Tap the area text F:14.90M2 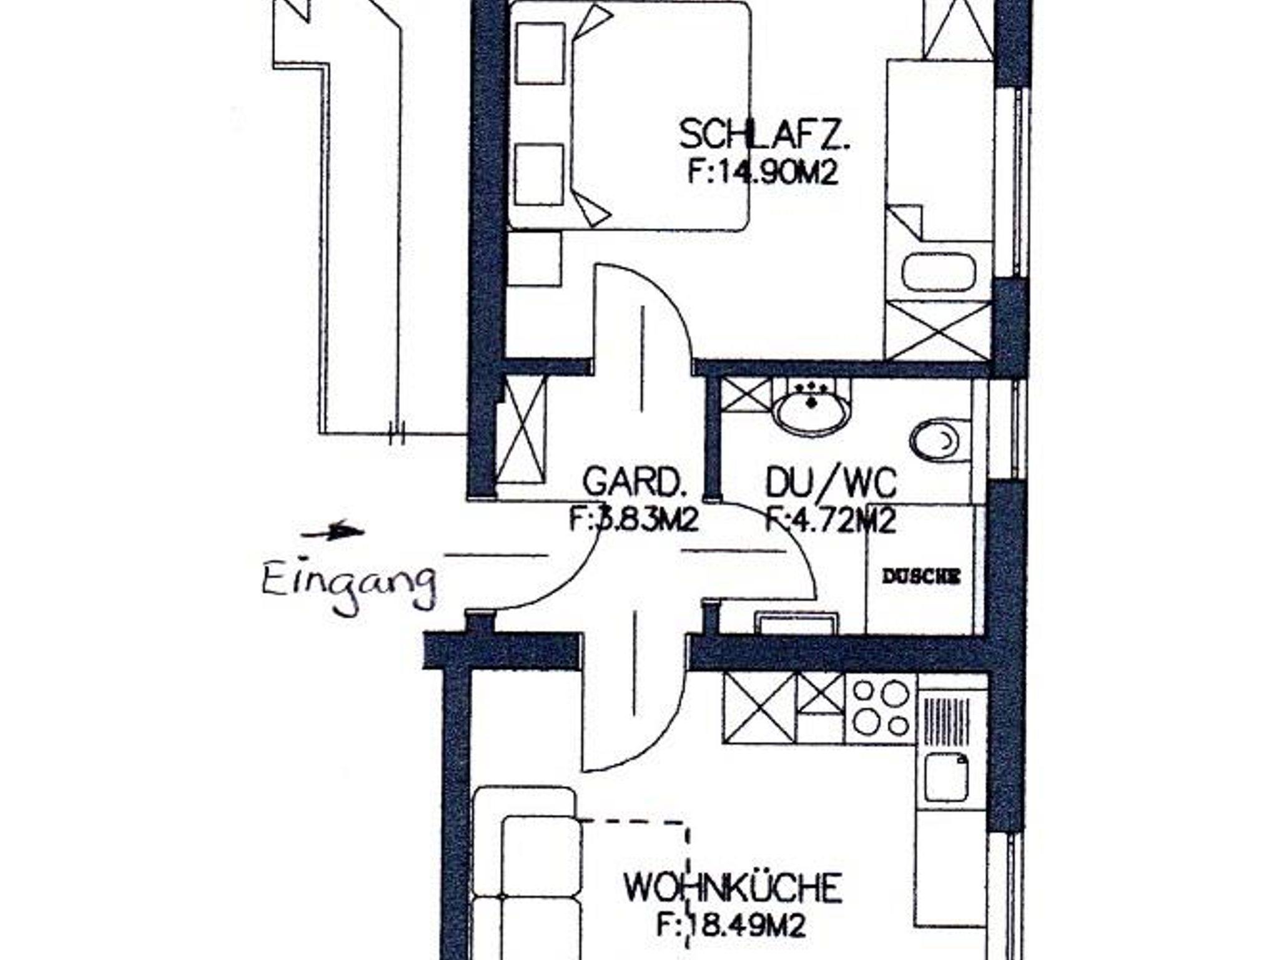tap(762, 172)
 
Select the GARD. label tap(634, 481)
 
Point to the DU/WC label tap(831, 482)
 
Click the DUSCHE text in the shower tap(921, 577)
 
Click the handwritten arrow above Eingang tap(332, 532)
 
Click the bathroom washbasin tap(811, 406)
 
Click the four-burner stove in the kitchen tap(881, 708)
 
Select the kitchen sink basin tap(947, 776)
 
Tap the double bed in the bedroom tap(630, 115)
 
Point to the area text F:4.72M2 tap(831, 520)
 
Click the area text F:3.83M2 tap(634, 519)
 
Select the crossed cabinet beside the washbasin tap(746, 395)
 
